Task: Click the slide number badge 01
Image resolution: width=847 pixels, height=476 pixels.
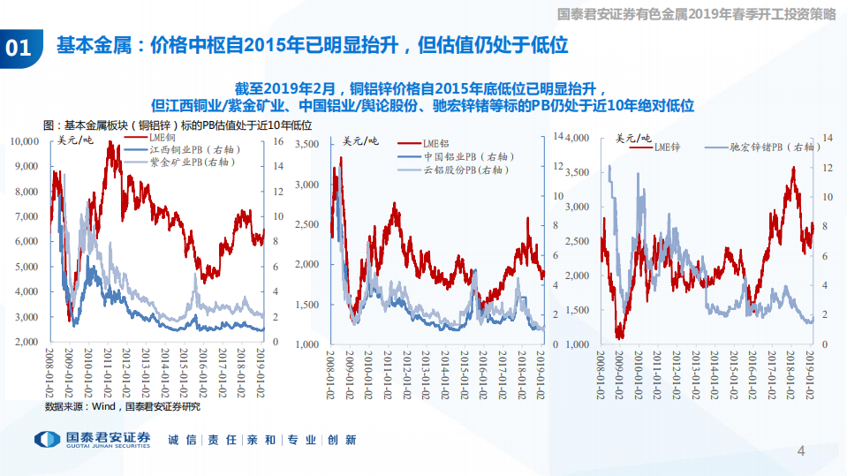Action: point(19,47)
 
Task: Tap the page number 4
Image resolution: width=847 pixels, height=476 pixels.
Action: point(801,451)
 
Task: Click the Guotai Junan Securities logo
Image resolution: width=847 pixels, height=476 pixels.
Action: point(92,439)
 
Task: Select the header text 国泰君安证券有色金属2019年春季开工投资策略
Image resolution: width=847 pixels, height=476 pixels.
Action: point(698,13)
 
